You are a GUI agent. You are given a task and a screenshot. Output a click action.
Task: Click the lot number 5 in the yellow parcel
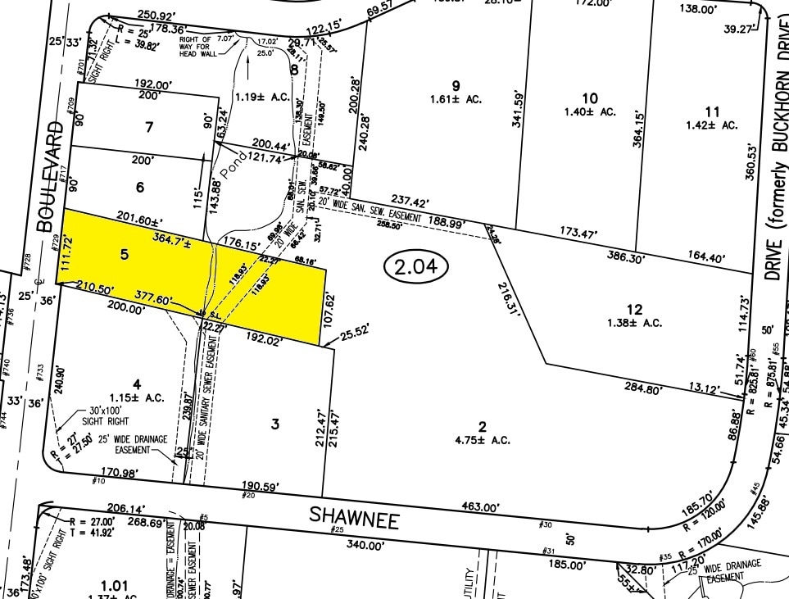pos(125,255)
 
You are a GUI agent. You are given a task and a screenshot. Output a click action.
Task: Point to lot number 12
pos(634,309)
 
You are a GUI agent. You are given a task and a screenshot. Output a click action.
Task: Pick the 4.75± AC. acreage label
pos(483,440)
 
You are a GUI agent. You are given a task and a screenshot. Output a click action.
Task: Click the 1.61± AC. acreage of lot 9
pos(455,99)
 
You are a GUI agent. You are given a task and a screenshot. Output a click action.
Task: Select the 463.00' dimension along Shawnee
pos(478,508)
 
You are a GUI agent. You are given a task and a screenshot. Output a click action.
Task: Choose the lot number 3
pos(275,424)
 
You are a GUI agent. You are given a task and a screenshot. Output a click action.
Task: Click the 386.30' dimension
pos(622,256)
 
